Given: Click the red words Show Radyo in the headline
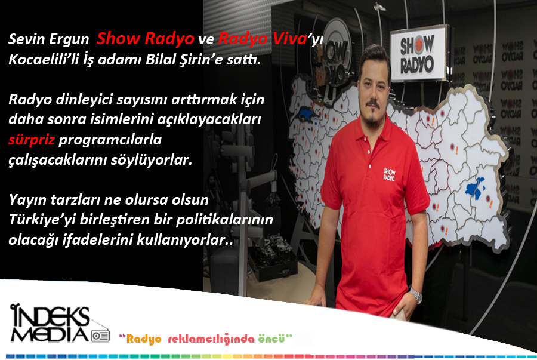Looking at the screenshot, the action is click(145, 38).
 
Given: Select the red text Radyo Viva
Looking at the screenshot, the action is click(263, 38).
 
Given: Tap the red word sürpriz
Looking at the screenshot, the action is click(32, 140).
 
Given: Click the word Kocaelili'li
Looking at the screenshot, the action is click(49, 59).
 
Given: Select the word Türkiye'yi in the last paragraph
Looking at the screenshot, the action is click(42, 220).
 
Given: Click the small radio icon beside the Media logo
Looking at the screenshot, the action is click(100, 336).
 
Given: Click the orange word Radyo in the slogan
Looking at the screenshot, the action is click(144, 339).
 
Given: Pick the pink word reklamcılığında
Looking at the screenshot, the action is click(211, 339).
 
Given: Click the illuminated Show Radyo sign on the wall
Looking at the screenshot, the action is click(418, 54).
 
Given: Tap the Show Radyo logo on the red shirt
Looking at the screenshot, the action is click(389, 174).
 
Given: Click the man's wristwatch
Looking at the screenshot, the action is click(416, 296).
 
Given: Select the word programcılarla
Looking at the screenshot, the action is click(110, 140).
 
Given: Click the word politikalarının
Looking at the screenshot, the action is click(225, 220).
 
